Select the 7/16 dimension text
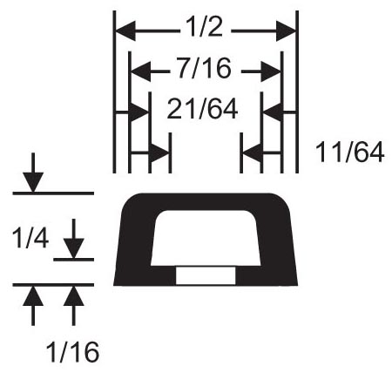pyautogui.click(x=205, y=69)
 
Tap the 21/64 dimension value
pyautogui.click(x=202, y=109)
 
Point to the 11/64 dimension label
pyautogui.click(x=349, y=153)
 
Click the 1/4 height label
pyautogui.click(x=30, y=239)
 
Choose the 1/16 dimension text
pyautogui.click(x=72, y=352)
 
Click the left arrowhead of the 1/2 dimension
pyautogui.click(x=125, y=31)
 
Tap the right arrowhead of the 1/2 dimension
pyautogui.click(x=286, y=31)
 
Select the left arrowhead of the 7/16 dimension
pyautogui.click(x=141, y=71)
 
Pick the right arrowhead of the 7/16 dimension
pyautogui.click(x=271, y=71)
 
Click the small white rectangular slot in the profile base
pyautogui.click(x=206, y=275)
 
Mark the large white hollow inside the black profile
pyautogui.click(x=206, y=238)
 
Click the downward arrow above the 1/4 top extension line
pyautogui.click(x=33, y=173)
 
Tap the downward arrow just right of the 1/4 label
pyautogui.click(x=74, y=239)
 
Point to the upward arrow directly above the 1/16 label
pyautogui.click(x=74, y=306)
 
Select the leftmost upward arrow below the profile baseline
pyautogui.click(x=33, y=306)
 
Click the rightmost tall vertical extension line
pyautogui.click(x=297, y=92)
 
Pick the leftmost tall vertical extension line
pyautogui.click(x=114, y=92)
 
